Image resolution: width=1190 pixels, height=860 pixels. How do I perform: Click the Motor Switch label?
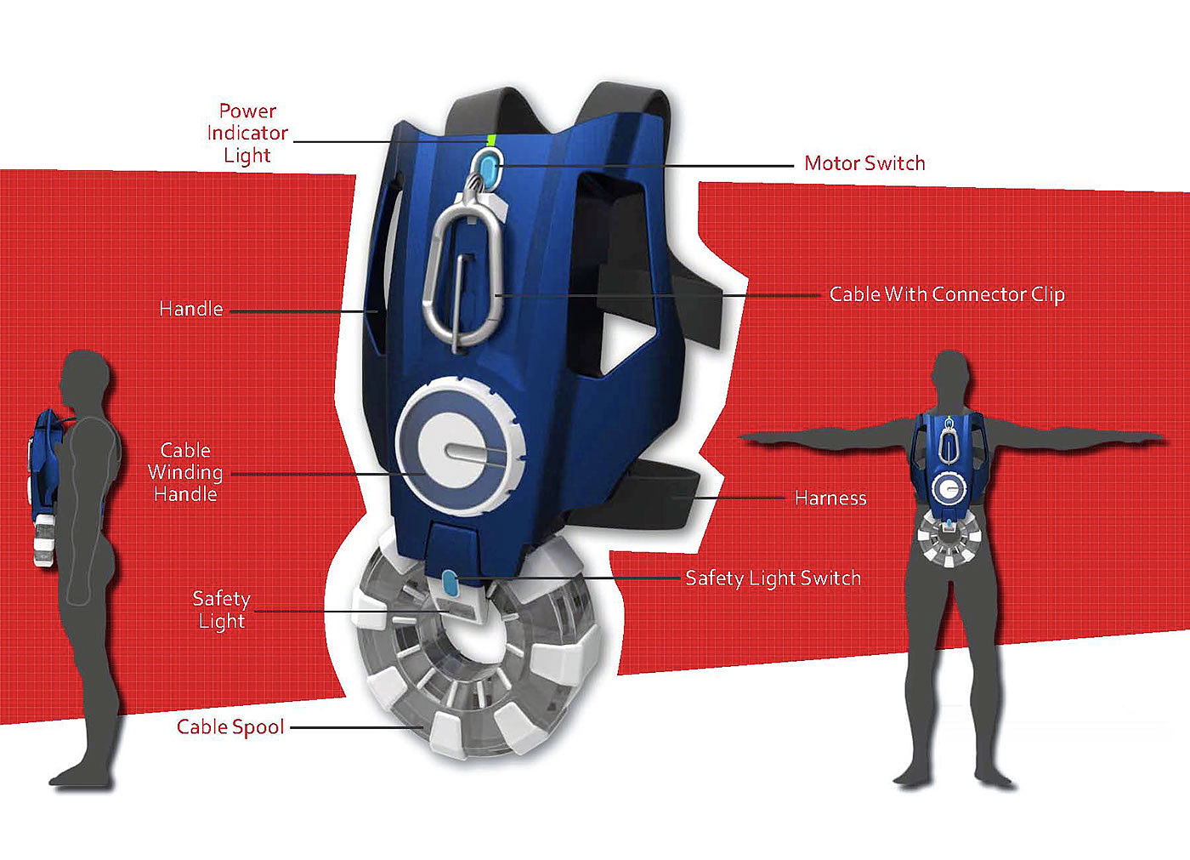[864, 163]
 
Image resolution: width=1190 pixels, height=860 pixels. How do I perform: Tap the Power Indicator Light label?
[247, 134]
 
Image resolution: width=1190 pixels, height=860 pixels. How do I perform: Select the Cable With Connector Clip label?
[947, 294]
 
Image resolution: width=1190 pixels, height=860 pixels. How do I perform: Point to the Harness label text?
[830, 498]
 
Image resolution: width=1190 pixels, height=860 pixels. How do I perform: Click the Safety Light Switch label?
[773, 578]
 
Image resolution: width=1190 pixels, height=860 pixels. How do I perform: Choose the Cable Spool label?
[230, 727]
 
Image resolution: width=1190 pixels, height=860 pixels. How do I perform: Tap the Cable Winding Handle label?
[185, 472]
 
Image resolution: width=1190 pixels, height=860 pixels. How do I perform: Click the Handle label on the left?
[191, 309]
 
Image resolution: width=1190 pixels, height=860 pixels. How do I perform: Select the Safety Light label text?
[221, 610]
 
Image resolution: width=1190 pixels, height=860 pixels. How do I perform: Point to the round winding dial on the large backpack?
[460, 448]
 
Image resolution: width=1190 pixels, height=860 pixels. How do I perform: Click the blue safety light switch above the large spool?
[450, 584]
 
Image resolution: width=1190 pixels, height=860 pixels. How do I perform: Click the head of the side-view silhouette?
[86, 374]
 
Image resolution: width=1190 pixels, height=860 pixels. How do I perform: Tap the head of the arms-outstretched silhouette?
[950, 375]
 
